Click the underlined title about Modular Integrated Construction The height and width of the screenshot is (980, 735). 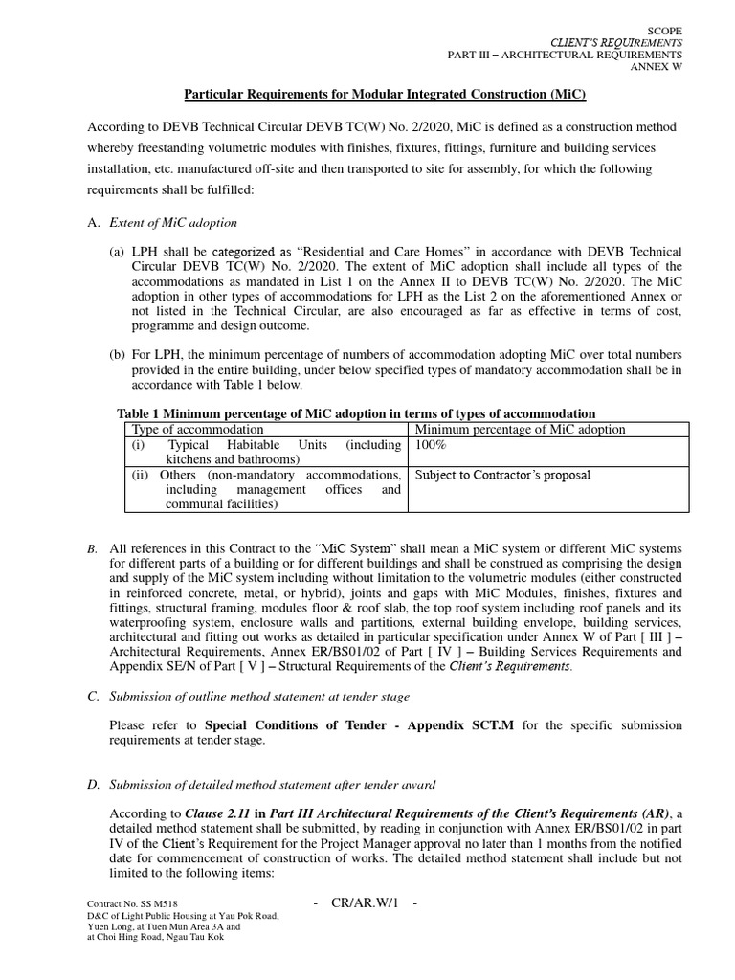[x=384, y=96]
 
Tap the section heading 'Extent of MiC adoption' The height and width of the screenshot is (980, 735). [x=174, y=223]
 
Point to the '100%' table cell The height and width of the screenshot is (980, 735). [x=431, y=445]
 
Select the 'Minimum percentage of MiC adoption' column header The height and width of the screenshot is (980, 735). [x=520, y=429]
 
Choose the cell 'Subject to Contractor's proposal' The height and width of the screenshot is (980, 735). [x=502, y=475]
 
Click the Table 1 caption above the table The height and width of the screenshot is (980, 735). [x=355, y=413]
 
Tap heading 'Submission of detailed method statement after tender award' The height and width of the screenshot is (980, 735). [x=274, y=785]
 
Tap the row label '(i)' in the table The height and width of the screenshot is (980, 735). [x=139, y=445]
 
